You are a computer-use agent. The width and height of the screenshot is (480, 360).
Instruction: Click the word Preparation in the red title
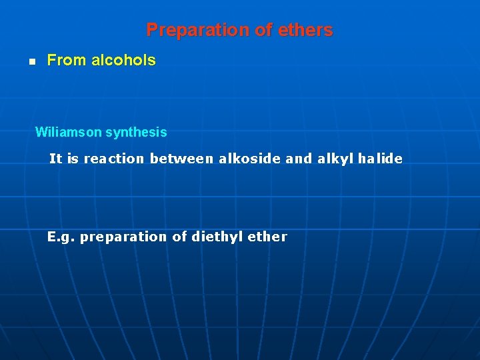pyautogui.click(x=187, y=31)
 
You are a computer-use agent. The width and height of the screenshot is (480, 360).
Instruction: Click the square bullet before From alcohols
pyautogui.click(x=31, y=61)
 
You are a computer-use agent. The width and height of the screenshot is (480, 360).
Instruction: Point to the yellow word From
pyautogui.click(x=67, y=61)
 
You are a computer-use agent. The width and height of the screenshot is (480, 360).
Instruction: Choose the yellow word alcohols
pyautogui.click(x=123, y=61)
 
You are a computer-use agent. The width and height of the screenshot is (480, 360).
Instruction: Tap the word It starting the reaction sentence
pyautogui.click(x=55, y=159)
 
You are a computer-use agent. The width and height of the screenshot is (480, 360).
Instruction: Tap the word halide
pyautogui.click(x=380, y=159)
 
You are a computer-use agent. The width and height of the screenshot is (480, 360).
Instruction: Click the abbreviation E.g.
pyautogui.click(x=61, y=237)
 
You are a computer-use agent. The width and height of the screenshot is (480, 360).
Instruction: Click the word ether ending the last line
pyautogui.click(x=267, y=237)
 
